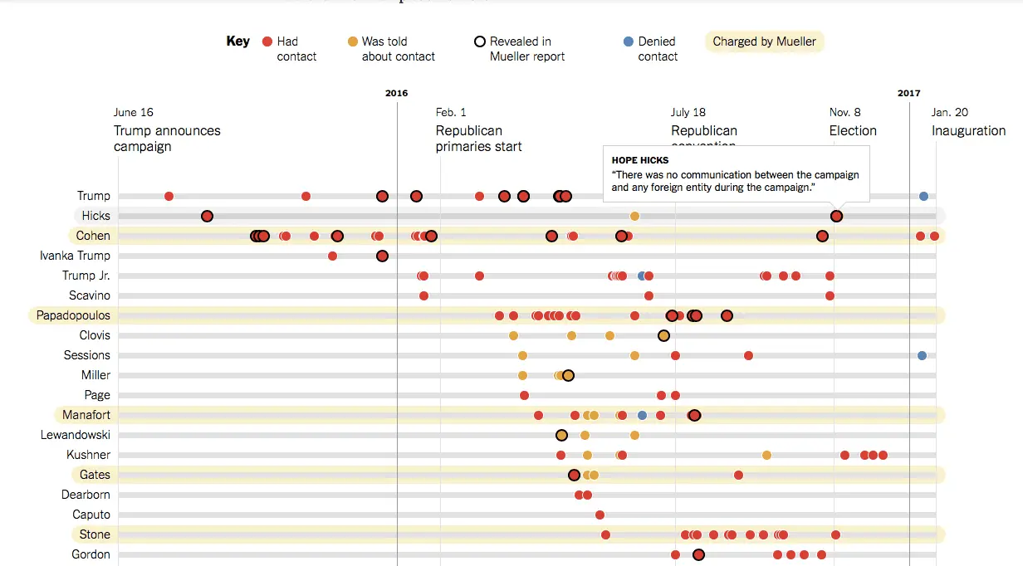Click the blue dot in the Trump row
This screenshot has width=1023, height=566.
click(x=923, y=196)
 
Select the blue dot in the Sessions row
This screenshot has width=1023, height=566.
click(x=922, y=355)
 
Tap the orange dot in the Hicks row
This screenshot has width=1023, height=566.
click(x=634, y=216)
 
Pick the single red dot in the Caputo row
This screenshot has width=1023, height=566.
click(x=600, y=515)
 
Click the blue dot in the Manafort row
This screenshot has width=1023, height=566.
click(x=642, y=415)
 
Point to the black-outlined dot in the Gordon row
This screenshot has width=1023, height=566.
click(x=698, y=554)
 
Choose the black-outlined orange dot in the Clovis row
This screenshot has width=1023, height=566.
click(x=663, y=335)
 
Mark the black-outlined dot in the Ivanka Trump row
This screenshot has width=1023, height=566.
click(x=382, y=256)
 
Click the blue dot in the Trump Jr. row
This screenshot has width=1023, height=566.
click(x=641, y=276)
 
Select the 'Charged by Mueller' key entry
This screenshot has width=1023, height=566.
click(x=764, y=41)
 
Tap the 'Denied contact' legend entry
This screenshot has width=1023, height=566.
click(x=650, y=49)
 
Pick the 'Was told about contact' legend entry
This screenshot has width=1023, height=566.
click(x=391, y=49)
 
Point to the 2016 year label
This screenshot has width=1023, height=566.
click(x=397, y=94)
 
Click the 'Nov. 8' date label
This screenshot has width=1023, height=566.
click(x=844, y=112)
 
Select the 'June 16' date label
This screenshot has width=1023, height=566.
click(x=134, y=112)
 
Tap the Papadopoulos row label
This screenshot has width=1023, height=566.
click(x=73, y=315)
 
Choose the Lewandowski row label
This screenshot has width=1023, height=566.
click(x=76, y=435)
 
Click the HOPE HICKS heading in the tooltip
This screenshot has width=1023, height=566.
click(x=640, y=160)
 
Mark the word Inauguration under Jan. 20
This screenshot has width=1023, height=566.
click(x=968, y=130)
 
